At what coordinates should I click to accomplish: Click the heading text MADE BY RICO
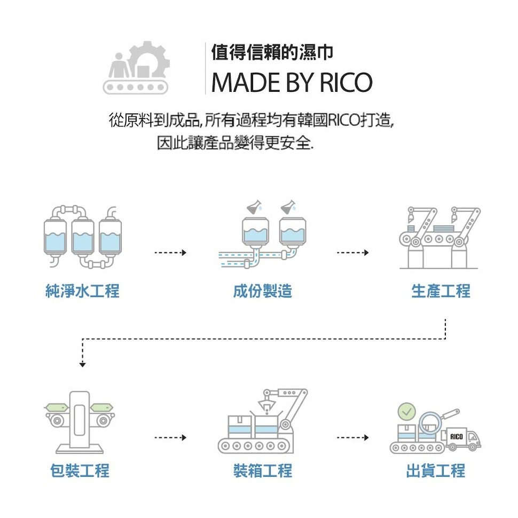click(x=292, y=82)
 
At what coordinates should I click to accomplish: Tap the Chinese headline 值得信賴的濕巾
click(x=272, y=52)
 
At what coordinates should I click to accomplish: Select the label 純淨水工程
click(x=82, y=291)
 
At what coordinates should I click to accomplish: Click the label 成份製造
click(x=263, y=291)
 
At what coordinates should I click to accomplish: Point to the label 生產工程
click(x=441, y=291)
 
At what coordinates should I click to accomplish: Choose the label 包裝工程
click(x=80, y=470)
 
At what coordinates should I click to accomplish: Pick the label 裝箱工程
click(x=263, y=470)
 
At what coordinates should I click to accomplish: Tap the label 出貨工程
click(x=435, y=470)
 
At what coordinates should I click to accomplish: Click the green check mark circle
click(x=407, y=411)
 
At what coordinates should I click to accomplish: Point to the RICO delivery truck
click(x=461, y=439)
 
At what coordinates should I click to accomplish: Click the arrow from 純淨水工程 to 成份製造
click(x=170, y=253)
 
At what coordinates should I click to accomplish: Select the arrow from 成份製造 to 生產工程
click(x=353, y=253)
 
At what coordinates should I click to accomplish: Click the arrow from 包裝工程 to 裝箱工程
click(x=170, y=438)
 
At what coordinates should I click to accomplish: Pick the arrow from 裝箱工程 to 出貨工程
click(x=353, y=438)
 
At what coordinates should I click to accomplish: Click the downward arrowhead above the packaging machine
click(x=83, y=365)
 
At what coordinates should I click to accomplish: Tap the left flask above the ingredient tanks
click(x=255, y=207)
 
